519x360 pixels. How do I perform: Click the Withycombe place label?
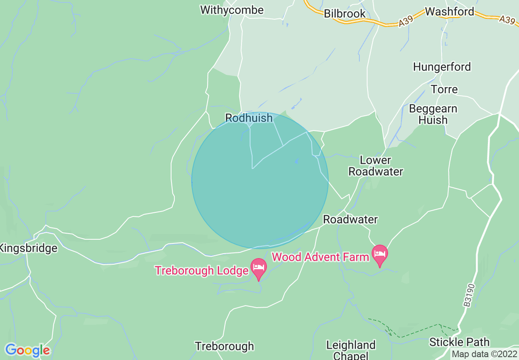click(232, 10)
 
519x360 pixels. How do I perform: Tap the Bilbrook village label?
click(345, 13)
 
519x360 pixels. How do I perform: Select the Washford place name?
click(449, 11)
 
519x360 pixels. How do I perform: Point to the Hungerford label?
click(442, 67)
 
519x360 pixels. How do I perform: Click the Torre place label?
click(444, 89)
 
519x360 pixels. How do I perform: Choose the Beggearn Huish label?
click(433, 115)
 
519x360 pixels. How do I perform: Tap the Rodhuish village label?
click(249, 118)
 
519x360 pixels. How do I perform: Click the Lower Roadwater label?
click(376, 166)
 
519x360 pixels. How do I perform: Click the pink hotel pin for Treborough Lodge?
click(259, 268)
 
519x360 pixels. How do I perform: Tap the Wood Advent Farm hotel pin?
click(380, 254)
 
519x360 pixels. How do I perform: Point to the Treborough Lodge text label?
click(202, 270)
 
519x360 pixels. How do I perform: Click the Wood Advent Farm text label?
click(320, 257)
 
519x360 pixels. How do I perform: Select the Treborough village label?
click(224, 346)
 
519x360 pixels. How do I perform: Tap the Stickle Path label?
click(459, 342)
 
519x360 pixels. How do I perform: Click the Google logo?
click(27, 350)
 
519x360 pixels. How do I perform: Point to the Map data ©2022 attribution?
click(484, 353)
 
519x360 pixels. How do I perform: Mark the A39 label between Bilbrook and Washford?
click(405, 23)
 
